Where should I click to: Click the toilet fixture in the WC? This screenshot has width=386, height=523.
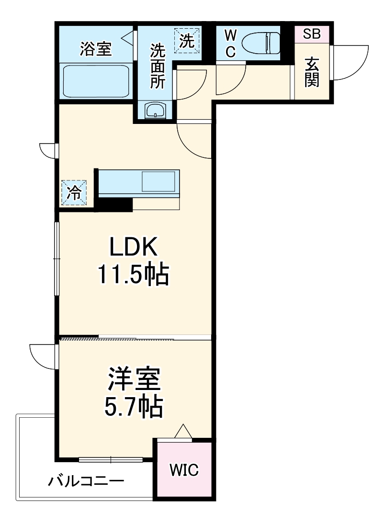(261, 43)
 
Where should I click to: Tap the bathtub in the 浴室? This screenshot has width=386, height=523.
(96, 81)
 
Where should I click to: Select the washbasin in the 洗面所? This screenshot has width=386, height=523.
(155, 110)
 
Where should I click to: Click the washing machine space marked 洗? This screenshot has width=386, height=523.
(187, 41)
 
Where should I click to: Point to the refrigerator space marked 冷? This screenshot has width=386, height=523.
(74, 193)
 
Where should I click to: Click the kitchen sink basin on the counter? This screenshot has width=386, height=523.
(158, 181)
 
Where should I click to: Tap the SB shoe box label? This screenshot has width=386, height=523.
(312, 34)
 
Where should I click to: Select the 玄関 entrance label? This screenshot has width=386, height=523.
(312, 72)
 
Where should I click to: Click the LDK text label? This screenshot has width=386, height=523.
(133, 247)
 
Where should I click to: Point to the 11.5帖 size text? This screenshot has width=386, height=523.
(133, 274)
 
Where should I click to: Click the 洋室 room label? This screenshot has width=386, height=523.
(134, 379)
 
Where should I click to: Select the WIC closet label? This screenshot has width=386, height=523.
(184, 470)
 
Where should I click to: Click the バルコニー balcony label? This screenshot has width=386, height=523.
(86, 481)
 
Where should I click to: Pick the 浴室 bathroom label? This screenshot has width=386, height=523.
(95, 49)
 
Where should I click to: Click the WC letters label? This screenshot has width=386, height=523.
(230, 43)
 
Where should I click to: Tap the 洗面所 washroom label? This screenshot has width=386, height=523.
(157, 67)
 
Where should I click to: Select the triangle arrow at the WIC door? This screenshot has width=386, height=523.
(183, 431)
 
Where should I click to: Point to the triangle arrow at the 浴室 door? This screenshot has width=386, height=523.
(128, 37)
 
